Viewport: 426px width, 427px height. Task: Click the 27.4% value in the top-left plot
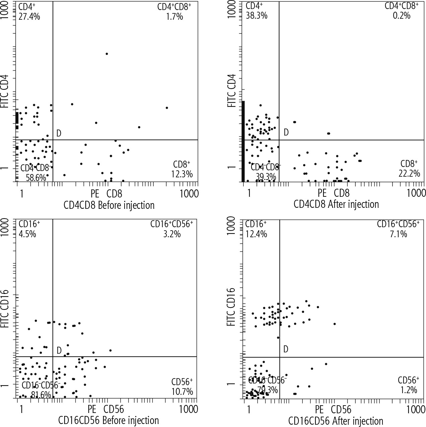pyautogui.click(x=29, y=16)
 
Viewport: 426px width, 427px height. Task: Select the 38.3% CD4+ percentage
pyautogui.click(x=257, y=15)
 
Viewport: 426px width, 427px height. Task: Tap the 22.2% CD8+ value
pyautogui.click(x=409, y=173)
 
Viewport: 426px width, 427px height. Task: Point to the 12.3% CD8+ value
pyautogui.click(x=182, y=174)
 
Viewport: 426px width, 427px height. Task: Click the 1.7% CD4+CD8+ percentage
pyautogui.click(x=174, y=16)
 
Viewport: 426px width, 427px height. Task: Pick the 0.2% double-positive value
pyautogui.click(x=402, y=15)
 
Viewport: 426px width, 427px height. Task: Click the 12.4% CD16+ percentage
pyautogui.click(x=256, y=233)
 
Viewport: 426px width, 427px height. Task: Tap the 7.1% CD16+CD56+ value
pyautogui.click(x=399, y=234)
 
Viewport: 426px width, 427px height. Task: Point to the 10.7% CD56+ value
pyautogui.click(x=182, y=391)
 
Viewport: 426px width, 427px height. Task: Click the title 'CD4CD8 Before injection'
pyautogui.click(x=109, y=205)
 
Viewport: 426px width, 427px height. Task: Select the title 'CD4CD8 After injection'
pyautogui.click(x=336, y=204)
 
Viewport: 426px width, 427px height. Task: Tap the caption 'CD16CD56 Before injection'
pyautogui.click(x=108, y=420)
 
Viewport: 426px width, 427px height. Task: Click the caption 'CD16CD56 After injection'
pyautogui.click(x=336, y=421)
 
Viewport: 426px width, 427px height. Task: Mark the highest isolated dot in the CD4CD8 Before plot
pyautogui.click(x=106, y=54)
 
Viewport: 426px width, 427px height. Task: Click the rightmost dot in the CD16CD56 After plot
pyautogui.click(x=334, y=324)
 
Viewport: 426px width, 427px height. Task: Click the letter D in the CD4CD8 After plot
pyautogui.click(x=286, y=133)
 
